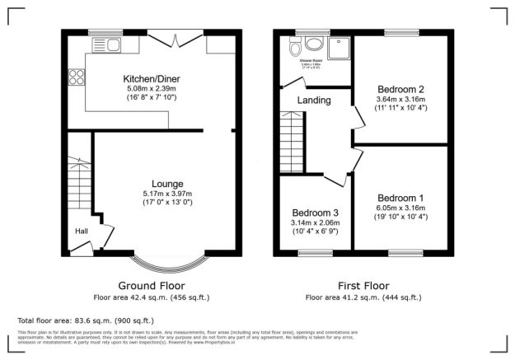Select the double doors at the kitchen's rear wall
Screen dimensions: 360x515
[176, 39]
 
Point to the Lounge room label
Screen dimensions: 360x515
[167, 183]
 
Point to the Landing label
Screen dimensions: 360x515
[315, 101]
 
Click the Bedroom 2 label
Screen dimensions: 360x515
[400, 89]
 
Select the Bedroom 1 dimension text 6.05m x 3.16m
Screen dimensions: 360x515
[400, 208]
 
